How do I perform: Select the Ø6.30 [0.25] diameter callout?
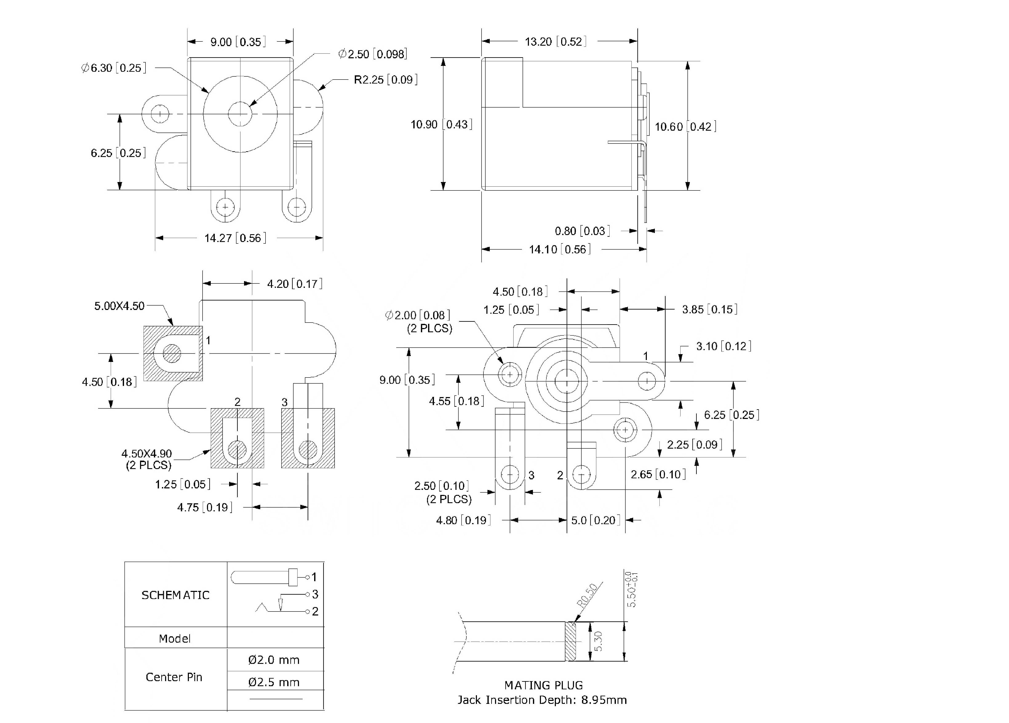pyautogui.click(x=113, y=68)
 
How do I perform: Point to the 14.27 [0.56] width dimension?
pyautogui.click(x=235, y=238)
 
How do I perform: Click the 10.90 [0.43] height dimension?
pyautogui.click(x=441, y=125)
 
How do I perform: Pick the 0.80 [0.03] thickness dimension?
pyautogui.click(x=582, y=231)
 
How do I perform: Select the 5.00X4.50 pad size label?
pyautogui.click(x=119, y=306)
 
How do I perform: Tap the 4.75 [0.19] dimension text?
pyautogui.click(x=205, y=507)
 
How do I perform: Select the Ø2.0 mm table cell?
pyautogui.click(x=274, y=660)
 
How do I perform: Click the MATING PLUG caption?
pyautogui.click(x=543, y=685)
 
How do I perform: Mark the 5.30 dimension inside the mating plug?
pyautogui.click(x=598, y=641)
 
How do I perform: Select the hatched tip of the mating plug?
pyautogui.click(x=570, y=641)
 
